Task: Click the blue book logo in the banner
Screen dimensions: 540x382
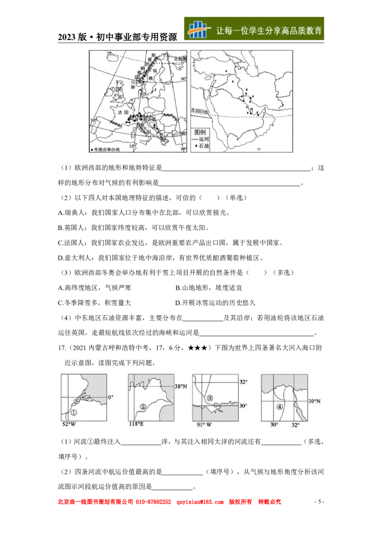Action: pyautogui.click(x=199, y=29)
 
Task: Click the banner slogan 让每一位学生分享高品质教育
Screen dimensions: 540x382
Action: pyautogui.click(x=269, y=31)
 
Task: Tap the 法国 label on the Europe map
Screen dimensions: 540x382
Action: pyautogui.click(x=123, y=112)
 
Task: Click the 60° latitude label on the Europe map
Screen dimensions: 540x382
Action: pyautogui.click(x=183, y=78)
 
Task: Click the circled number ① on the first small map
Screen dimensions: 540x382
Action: pyautogui.click(x=74, y=412)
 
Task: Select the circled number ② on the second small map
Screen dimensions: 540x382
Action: pyautogui.click(x=142, y=407)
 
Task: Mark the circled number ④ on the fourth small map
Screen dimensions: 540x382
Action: pyautogui.click(x=279, y=407)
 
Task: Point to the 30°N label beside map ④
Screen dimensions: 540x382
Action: pyautogui.click(x=314, y=401)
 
